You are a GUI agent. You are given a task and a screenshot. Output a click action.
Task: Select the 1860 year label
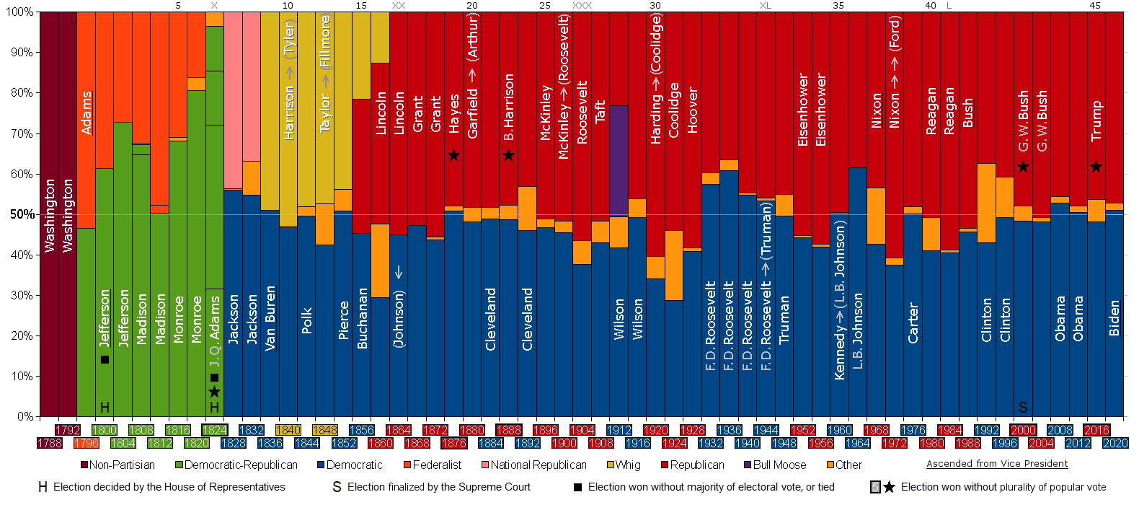point(381,443)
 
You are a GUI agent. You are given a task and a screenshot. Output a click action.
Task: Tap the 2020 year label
point(1115,443)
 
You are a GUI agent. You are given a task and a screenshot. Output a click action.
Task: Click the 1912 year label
point(619,430)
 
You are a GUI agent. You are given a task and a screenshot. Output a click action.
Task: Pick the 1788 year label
point(49,443)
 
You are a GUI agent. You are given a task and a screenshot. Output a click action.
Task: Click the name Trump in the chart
point(1096,120)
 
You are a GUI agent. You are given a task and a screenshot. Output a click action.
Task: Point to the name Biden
point(1114,318)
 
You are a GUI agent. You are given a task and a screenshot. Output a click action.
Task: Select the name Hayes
point(453,113)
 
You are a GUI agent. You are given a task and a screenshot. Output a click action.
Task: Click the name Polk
point(306,320)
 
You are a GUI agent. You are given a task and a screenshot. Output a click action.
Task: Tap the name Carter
point(913,322)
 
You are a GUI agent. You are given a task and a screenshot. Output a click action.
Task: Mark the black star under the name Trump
point(1096,167)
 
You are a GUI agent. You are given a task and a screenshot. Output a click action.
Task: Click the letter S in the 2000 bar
point(1023,408)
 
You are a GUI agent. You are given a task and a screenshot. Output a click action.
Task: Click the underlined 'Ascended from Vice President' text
point(997,464)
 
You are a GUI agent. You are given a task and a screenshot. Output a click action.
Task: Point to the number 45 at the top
point(1095,5)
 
